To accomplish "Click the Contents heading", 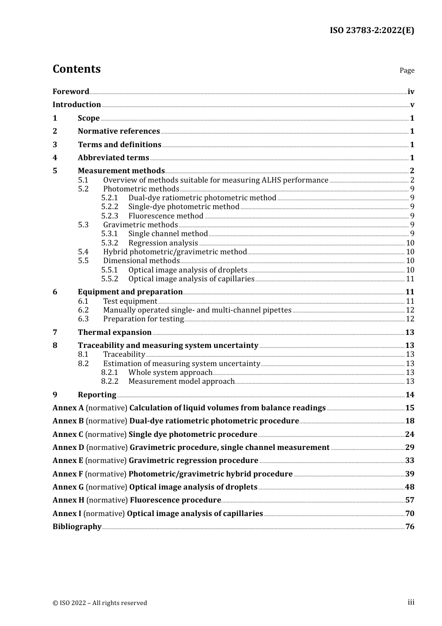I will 76,69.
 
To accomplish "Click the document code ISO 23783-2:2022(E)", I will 372,31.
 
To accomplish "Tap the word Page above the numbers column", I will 407,70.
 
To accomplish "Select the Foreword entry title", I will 71,92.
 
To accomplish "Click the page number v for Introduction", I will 412,105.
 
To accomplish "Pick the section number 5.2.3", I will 110,216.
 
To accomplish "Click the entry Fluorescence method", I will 166,216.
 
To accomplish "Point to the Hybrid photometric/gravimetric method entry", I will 174,252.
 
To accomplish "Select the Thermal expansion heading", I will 114,333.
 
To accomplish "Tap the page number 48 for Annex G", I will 409,487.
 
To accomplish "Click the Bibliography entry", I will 77,527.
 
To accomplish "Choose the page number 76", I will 409,527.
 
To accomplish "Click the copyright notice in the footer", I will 100,603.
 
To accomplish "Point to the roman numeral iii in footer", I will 411,602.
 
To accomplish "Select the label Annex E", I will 68,461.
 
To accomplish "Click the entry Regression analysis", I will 163,243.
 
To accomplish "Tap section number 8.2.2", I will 110,381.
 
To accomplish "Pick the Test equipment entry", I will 130,301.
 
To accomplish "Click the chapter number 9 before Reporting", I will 55,395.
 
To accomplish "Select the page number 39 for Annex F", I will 409,474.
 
